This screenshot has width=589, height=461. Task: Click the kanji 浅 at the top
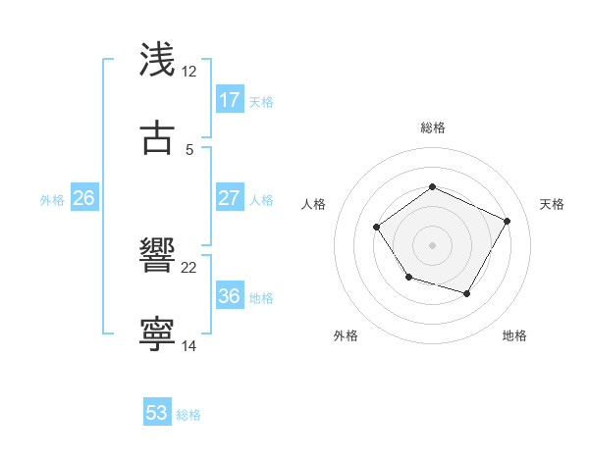(158, 60)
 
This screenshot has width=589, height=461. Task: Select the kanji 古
(158, 137)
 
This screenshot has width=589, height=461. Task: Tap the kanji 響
(158, 257)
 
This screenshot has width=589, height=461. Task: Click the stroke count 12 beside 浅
(189, 72)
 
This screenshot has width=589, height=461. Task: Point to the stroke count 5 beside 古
(189, 149)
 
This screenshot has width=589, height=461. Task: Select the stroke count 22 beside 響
(189, 268)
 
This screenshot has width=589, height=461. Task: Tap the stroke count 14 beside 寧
(189, 346)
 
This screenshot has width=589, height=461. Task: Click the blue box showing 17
(230, 100)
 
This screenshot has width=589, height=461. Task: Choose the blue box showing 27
(230, 198)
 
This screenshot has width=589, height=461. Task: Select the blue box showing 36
(230, 296)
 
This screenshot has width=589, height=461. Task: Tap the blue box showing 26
(83, 198)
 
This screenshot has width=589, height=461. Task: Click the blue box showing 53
(157, 413)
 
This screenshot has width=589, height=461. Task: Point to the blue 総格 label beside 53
(188, 415)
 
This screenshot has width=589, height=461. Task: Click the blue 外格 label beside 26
(52, 200)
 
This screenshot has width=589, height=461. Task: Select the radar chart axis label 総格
(432, 128)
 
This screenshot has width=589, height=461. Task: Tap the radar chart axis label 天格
(552, 204)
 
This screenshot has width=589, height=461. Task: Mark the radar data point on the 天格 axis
(507, 221)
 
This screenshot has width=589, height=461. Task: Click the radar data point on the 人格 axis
(377, 228)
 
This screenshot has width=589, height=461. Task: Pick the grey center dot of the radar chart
(432, 244)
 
